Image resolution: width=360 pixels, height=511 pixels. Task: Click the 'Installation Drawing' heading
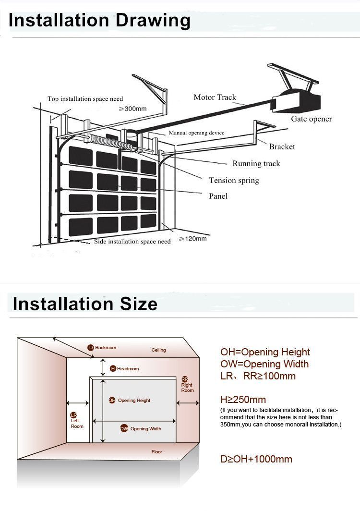coord(99,21)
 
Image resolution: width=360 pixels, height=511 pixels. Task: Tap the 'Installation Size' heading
coord(85,304)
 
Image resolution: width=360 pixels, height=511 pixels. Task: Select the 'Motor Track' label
coord(215,97)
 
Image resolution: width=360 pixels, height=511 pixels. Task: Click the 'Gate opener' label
coord(312,119)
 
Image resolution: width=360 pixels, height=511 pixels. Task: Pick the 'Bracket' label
coord(282,146)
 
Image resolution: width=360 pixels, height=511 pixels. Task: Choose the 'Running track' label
coord(256,164)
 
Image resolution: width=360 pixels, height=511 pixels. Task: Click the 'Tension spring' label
coord(234,181)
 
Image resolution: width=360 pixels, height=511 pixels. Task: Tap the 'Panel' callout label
coord(218,196)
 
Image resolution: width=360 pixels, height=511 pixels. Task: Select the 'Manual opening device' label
coord(196,133)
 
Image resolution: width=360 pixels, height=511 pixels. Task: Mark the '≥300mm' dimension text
coord(132,109)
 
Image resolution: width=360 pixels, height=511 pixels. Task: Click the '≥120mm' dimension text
coord(193,239)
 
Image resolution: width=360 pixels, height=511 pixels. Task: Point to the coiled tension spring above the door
coord(111,143)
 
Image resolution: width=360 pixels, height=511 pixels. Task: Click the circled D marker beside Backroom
coord(91,348)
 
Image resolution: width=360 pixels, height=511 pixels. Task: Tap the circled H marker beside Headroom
coord(113,368)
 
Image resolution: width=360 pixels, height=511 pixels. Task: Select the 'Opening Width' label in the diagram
coord(145,429)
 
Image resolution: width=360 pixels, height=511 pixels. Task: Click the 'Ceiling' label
coord(159,350)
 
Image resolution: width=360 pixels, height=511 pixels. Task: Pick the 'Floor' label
coord(156,451)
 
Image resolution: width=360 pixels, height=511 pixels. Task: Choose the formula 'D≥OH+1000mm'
coord(256,459)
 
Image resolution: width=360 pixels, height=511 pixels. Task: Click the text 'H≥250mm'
coord(243,400)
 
